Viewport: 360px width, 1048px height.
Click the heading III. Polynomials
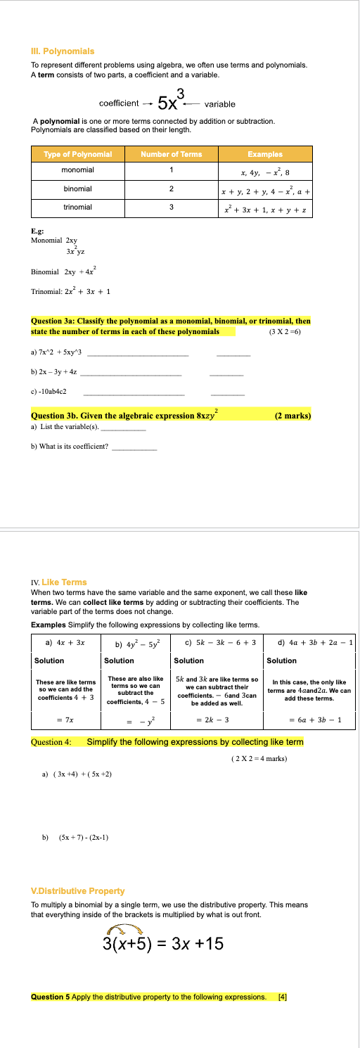[63, 51]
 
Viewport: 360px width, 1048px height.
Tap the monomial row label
[77, 170]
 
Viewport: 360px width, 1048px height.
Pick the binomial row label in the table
[77, 188]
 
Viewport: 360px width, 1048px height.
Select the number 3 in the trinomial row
[171, 207]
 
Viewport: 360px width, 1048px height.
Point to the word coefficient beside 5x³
[119, 103]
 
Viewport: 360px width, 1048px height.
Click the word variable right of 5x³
[219, 103]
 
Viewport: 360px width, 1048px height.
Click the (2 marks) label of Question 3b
[292, 416]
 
